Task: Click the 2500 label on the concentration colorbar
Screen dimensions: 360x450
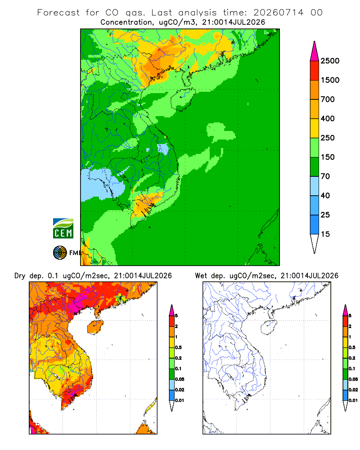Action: (x=330, y=61)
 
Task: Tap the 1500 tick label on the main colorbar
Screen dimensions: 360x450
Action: (x=330, y=80)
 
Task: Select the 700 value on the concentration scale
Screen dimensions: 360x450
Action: (x=328, y=99)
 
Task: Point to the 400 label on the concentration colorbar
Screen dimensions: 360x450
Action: (x=328, y=118)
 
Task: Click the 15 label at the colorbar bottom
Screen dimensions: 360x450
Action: (x=325, y=234)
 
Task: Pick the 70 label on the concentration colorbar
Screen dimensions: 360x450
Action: (x=325, y=176)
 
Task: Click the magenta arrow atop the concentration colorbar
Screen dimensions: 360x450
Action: (x=315, y=51)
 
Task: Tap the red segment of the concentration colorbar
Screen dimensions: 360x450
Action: (x=315, y=71)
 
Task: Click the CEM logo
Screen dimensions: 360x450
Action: (x=63, y=229)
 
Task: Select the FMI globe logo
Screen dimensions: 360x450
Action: (x=60, y=253)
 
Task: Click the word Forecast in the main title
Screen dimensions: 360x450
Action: (x=58, y=13)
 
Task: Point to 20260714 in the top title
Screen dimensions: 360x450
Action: (x=278, y=13)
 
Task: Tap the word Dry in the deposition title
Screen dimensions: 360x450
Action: (x=20, y=276)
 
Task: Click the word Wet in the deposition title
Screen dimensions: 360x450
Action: (x=201, y=276)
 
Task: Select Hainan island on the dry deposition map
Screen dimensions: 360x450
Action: (x=95, y=328)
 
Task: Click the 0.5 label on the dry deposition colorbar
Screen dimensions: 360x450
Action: (x=178, y=347)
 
